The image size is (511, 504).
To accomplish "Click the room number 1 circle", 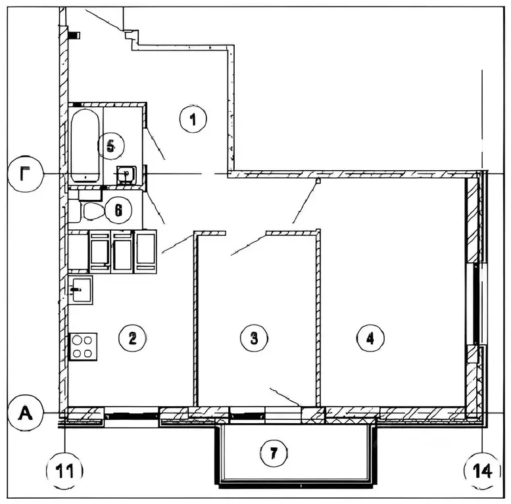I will click(192, 120).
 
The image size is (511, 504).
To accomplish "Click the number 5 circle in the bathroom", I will click(111, 145).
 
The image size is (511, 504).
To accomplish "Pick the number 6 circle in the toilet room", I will click(118, 210).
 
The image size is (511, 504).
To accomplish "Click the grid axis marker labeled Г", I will click(26, 174).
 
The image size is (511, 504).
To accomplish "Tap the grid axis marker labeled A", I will click(26, 413).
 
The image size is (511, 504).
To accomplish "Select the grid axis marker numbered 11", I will click(64, 470).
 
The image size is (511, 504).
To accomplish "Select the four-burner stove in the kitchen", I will click(84, 346).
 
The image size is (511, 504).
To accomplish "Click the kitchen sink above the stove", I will click(81, 290).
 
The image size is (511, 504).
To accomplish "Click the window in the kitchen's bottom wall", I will click(132, 415).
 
